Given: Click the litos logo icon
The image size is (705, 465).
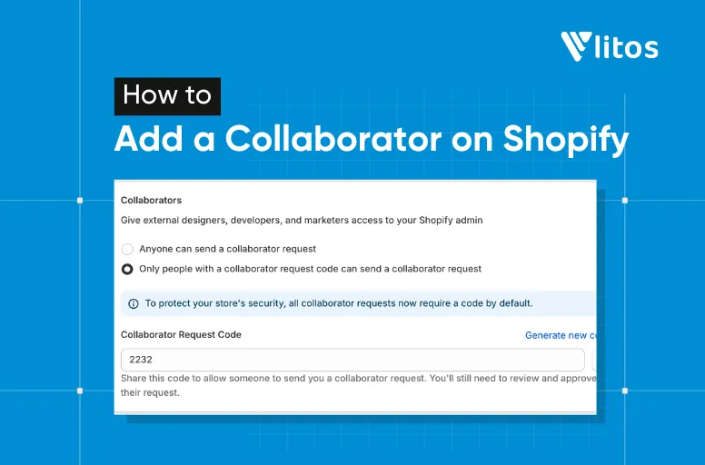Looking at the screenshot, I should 576,46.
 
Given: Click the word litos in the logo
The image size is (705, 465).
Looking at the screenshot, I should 626,46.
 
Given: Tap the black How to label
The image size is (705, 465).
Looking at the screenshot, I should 167,95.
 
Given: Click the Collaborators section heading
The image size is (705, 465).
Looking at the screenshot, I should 151,200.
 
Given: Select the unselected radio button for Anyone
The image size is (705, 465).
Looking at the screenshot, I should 127,249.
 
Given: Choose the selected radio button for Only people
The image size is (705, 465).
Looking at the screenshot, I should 127,269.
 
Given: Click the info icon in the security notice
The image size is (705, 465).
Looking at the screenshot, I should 134,303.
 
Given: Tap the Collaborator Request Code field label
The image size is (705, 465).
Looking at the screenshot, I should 181,334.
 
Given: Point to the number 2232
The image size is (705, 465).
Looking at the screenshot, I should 141,360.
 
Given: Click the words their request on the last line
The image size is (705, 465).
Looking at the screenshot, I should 150,393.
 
